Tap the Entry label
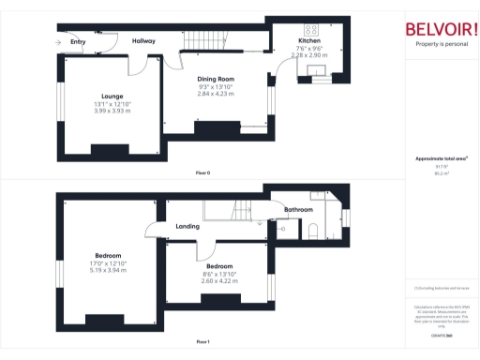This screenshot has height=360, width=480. (x=78, y=41)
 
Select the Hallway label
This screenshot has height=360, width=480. (x=143, y=41)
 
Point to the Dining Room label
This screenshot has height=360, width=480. (x=215, y=79)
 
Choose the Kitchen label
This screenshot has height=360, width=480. (x=309, y=42)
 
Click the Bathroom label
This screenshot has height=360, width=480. (x=299, y=209)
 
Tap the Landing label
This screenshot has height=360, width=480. (x=187, y=226)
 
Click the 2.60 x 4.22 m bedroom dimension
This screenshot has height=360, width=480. (x=218, y=280)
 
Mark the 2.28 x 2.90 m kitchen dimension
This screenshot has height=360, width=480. (x=309, y=56)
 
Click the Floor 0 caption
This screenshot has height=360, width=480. (x=202, y=173)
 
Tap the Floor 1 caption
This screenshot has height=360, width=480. (x=202, y=342)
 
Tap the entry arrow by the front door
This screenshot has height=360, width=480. (x=58, y=42)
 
